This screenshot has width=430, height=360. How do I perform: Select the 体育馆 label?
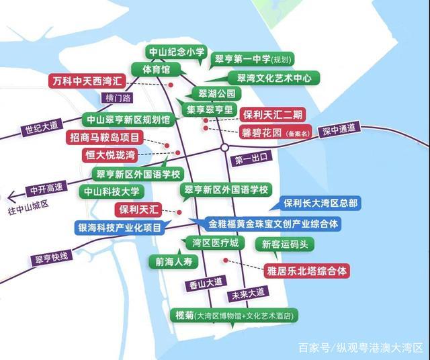click(x=156, y=69)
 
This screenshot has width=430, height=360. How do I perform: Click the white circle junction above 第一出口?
click(x=225, y=146)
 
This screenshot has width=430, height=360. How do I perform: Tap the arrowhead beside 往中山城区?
click(x=11, y=197)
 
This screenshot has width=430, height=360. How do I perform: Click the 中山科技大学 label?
click(x=110, y=191)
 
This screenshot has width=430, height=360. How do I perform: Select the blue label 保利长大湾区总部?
click(x=320, y=203)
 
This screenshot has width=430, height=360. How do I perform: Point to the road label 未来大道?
click(x=248, y=294)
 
